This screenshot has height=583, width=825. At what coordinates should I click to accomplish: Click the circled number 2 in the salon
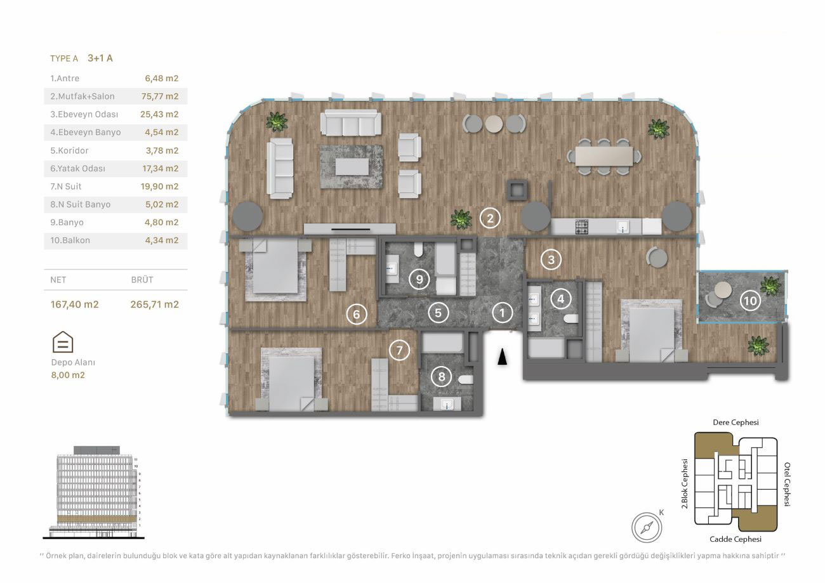point(490,219)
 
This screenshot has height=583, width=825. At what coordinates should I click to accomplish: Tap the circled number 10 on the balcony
point(750,301)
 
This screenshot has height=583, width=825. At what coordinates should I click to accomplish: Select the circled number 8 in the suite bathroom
point(441,376)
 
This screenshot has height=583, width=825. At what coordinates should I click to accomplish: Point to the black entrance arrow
point(502,357)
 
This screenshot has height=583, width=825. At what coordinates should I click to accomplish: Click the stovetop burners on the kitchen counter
point(581,226)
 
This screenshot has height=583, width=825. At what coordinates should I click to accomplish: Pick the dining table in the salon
point(604,157)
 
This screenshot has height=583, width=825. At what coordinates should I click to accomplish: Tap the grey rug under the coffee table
point(352,167)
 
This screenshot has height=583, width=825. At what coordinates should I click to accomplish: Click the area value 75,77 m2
point(160,96)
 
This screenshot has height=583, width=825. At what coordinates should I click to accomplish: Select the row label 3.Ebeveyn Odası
point(84,114)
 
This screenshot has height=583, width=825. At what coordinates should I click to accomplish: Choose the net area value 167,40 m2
point(75,305)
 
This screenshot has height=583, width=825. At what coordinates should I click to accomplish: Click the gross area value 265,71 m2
point(155,305)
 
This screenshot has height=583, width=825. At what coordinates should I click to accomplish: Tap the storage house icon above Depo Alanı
point(63,342)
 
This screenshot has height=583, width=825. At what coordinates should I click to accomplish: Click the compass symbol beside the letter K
point(647,527)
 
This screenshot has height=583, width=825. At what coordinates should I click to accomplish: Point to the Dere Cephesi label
point(736,423)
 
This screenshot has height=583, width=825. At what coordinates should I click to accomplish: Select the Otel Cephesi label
point(786,485)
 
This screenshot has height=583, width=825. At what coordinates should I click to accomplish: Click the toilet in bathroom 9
point(419,249)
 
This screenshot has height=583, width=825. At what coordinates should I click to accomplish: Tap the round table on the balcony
point(723,291)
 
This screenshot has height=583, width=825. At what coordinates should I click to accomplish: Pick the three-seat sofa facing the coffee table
point(350,123)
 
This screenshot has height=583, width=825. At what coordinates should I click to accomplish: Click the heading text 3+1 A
point(100,58)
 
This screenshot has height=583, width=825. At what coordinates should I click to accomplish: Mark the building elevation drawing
point(93,492)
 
